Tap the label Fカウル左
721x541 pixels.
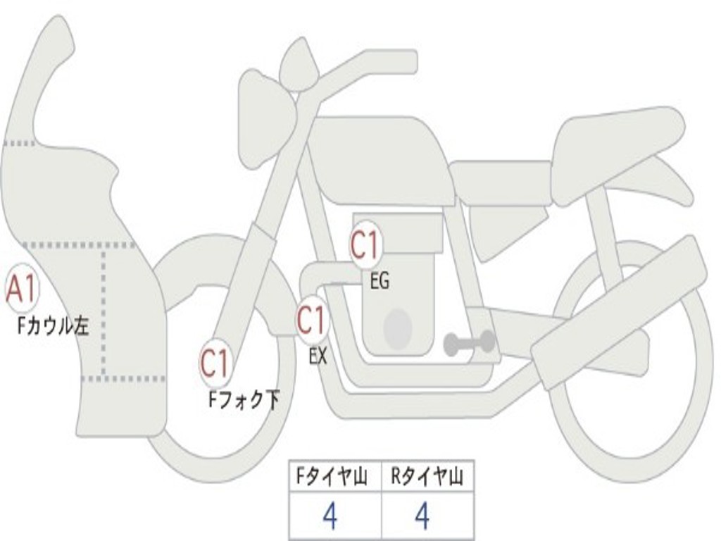point(54,326)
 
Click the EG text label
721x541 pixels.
point(380,282)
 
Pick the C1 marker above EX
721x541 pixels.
point(311,321)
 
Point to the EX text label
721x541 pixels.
point(318,356)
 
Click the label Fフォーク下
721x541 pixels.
point(244,400)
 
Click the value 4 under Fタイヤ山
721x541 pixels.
point(330,516)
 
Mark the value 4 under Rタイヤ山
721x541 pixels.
point(422,516)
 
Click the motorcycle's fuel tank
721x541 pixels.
point(380,158)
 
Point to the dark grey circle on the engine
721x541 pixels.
point(397,328)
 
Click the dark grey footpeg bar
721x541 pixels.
point(469,344)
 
